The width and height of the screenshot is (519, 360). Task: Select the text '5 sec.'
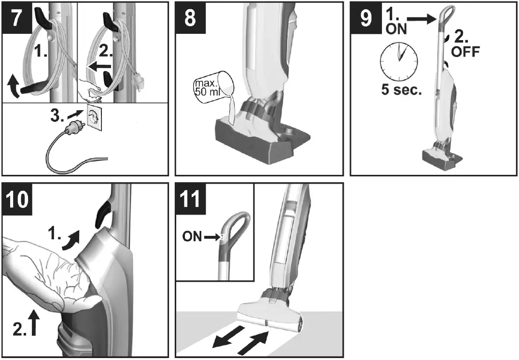pyautogui.click(x=401, y=90)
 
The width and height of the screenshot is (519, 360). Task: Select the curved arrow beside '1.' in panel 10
pyautogui.click(x=73, y=238)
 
